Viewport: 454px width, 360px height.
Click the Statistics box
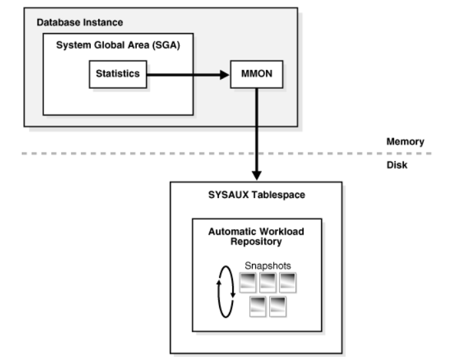tap(118, 74)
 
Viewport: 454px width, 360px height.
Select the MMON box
tap(257, 74)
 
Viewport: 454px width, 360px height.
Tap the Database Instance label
tap(80, 22)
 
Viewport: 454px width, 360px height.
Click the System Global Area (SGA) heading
tap(118, 45)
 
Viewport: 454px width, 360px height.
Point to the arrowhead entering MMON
tap(224, 75)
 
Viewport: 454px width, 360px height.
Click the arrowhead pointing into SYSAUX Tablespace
tap(257, 176)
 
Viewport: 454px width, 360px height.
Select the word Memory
tap(405, 141)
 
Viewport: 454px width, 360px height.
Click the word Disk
tap(397, 165)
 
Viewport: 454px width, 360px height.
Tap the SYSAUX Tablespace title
tap(257, 195)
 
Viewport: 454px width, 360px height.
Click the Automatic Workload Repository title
tap(256, 236)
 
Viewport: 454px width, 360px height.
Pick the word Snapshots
tap(268, 266)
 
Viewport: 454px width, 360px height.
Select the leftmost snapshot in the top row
tap(248, 282)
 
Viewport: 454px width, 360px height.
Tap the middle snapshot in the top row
tap(268, 282)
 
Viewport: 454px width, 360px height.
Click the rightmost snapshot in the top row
tap(288, 282)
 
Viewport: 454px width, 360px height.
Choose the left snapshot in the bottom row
tap(258, 307)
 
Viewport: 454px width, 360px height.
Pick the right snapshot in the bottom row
tap(278, 307)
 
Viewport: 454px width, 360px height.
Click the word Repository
tap(256, 242)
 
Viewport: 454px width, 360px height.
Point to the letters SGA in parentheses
tap(166, 45)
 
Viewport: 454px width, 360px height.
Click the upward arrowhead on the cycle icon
tap(219, 282)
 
